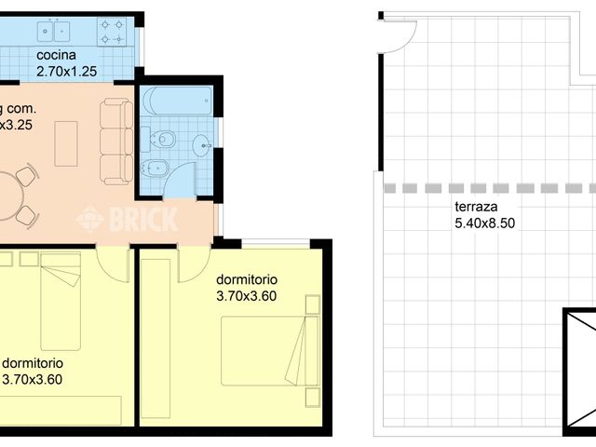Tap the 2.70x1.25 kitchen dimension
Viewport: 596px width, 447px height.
[x=67, y=70]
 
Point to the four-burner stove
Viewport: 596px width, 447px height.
[x=115, y=34]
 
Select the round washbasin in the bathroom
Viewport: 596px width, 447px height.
[x=202, y=143]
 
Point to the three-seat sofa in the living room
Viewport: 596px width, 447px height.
[x=117, y=141]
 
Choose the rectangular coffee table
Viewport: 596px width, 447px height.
[x=66, y=142]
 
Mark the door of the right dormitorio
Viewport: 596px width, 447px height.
[x=195, y=264]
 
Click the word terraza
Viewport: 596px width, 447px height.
[x=475, y=207]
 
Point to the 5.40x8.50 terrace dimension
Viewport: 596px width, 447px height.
[x=484, y=223]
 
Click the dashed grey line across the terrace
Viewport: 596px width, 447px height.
[x=484, y=188]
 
